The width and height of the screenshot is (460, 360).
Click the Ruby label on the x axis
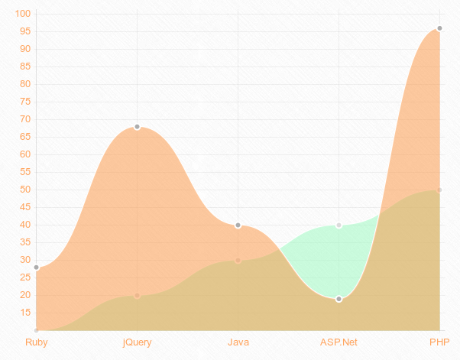click(36, 342)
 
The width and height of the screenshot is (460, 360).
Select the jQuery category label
click(137, 342)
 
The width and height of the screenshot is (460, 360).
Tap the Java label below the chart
click(238, 342)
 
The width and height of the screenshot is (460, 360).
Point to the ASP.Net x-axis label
click(339, 342)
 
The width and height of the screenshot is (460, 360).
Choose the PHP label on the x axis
click(439, 342)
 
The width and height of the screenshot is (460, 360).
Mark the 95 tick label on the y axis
click(24, 31)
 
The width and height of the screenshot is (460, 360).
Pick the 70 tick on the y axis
click(24, 119)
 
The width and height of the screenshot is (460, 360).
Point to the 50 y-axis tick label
click(24, 190)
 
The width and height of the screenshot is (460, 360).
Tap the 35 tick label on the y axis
click(24, 242)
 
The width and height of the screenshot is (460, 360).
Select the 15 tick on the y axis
click(24, 313)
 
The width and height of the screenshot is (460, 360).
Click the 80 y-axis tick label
click(24, 84)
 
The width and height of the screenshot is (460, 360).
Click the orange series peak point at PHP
click(439, 28)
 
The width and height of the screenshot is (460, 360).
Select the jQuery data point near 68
click(137, 127)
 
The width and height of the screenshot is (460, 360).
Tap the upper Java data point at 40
click(238, 225)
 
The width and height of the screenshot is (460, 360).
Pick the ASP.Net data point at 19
click(339, 299)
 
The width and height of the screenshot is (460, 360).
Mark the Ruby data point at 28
click(36, 268)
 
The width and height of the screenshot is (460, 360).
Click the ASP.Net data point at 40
click(339, 225)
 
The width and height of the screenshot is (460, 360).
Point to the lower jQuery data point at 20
click(137, 296)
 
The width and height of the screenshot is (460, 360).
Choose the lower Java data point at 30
click(238, 261)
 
